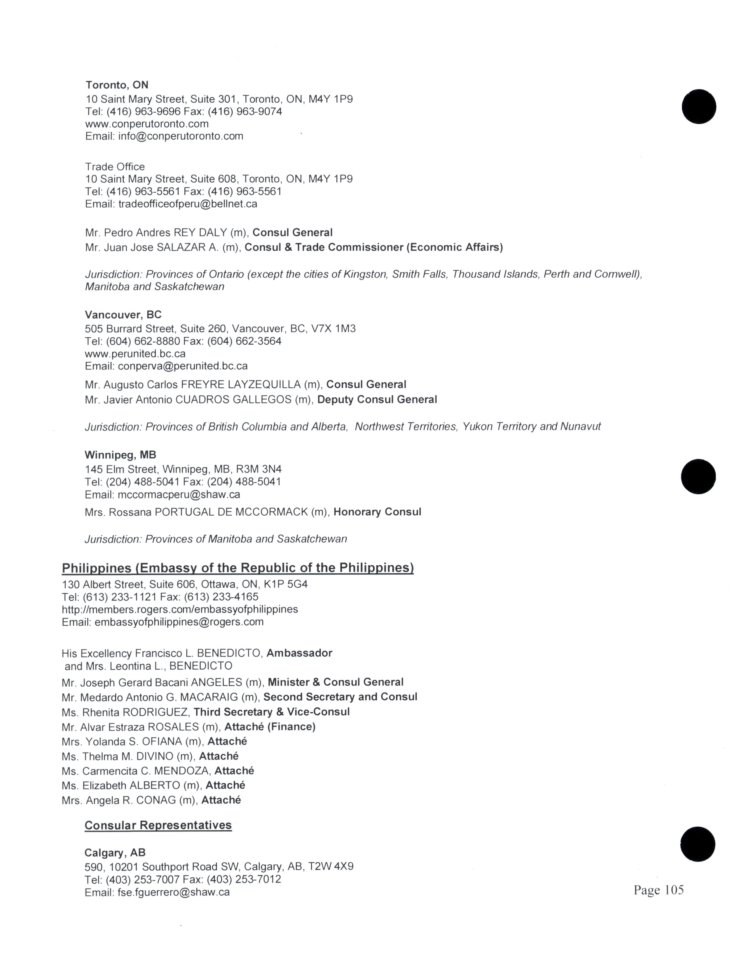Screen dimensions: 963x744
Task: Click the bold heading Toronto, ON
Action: point(117,85)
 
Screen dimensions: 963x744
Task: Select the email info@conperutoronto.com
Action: point(181,136)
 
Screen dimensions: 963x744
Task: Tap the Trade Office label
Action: point(115,167)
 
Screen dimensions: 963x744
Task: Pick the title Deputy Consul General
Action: point(377,399)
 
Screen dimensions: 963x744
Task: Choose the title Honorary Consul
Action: point(377,512)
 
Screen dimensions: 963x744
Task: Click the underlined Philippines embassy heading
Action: point(237,568)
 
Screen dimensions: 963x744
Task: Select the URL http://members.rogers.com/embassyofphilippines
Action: point(180,609)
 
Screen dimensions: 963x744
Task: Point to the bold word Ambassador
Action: point(299,653)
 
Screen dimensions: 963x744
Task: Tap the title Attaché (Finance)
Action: point(270,727)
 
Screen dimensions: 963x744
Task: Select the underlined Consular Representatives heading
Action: point(158,826)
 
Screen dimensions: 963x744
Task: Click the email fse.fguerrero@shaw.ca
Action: point(173,892)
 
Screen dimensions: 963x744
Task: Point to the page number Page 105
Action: point(659,890)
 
